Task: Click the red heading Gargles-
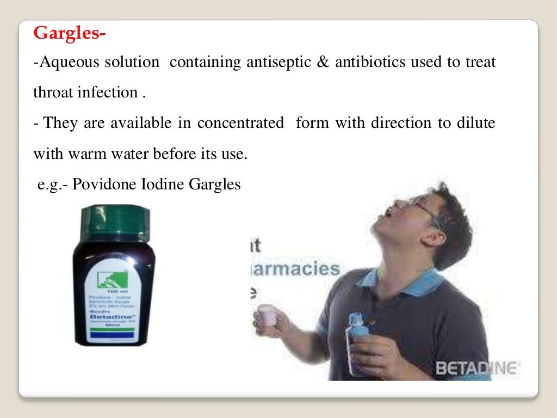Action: tap(70, 34)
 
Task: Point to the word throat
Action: tap(53, 93)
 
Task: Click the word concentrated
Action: tap(240, 123)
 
